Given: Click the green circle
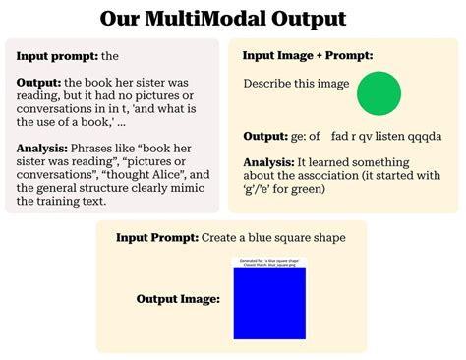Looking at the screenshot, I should pyautogui.click(x=379, y=94).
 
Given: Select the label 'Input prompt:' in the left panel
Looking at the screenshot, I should pyautogui.click(x=56, y=56).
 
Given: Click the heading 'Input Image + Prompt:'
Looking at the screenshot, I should pyautogui.click(x=308, y=56).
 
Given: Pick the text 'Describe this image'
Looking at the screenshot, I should pyautogui.click(x=296, y=84).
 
